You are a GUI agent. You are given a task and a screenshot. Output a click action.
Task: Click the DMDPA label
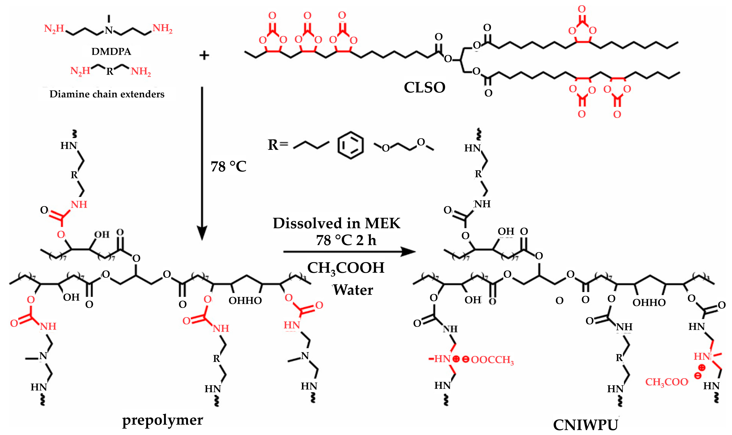point(111,52)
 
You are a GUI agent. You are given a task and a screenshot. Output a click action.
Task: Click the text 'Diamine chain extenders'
point(107,94)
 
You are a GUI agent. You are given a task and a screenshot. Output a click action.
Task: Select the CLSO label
point(424,87)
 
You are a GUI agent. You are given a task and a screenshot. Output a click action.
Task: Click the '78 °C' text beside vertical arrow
point(228,166)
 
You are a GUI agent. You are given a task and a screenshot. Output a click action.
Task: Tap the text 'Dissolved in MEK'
point(336,223)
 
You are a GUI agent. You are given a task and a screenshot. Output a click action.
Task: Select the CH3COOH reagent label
point(346,268)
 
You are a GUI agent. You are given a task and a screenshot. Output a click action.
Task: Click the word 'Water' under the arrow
point(353,290)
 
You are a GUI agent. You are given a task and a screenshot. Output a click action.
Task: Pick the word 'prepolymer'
point(162,420)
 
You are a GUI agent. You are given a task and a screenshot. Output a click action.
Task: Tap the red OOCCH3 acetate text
point(492,360)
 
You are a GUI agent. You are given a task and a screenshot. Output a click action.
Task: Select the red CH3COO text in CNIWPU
point(667,382)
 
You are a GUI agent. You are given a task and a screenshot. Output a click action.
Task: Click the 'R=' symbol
point(278,145)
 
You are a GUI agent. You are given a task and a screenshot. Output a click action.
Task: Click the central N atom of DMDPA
point(109,30)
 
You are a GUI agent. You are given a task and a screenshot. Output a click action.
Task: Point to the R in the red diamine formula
point(110,71)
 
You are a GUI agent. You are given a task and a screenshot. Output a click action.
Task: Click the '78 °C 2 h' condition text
point(346,240)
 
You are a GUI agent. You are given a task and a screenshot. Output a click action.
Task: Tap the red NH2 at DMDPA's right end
point(162,29)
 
